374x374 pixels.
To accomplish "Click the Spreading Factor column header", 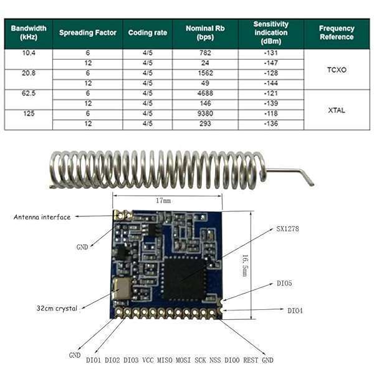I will [x=88, y=32].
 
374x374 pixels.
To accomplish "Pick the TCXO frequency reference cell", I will [x=337, y=70].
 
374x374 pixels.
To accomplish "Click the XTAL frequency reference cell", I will [x=337, y=110].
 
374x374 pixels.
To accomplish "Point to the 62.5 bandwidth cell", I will [x=28, y=93].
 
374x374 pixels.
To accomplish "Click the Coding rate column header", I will [x=148, y=32].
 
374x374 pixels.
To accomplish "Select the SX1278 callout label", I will [x=287, y=229].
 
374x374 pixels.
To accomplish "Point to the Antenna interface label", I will [x=42, y=217].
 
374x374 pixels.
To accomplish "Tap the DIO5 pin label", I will [x=284, y=283].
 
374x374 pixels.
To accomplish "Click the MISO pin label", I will [x=165, y=360].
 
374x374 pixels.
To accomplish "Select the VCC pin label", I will [x=148, y=360].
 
